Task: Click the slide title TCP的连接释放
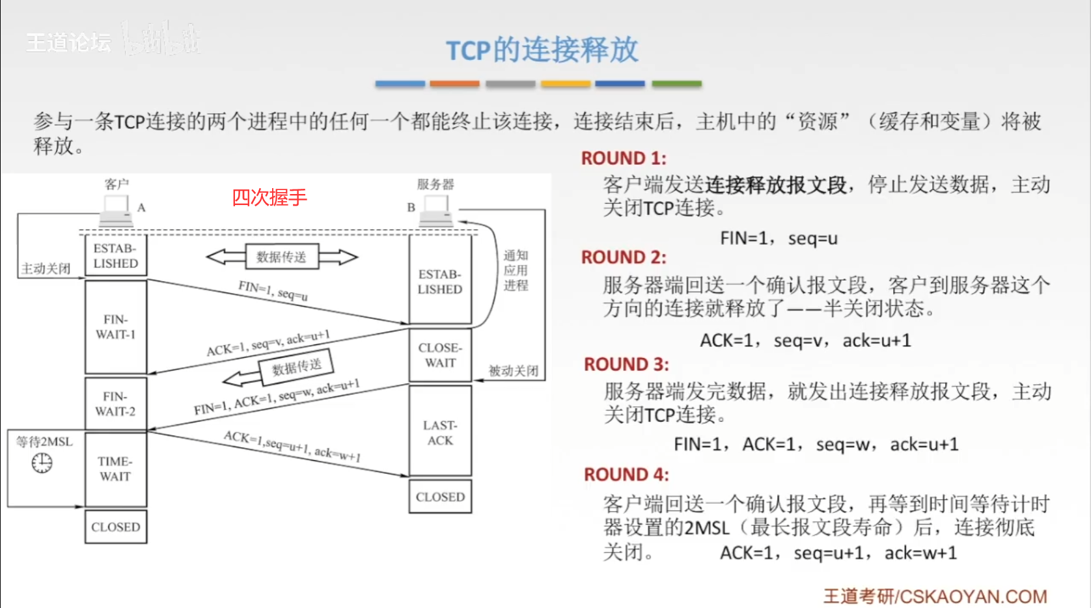point(542,50)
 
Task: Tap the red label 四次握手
point(269,197)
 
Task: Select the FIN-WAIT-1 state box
point(116,327)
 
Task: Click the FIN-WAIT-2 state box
point(116,404)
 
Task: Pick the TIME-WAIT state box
point(116,469)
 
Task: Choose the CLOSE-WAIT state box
point(440,355)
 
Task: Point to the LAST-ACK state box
point(440,432)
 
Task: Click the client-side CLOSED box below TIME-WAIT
point(116,527)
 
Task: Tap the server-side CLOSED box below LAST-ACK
point(440,497)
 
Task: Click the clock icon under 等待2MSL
point(42,463)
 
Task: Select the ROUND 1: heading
point(624,158)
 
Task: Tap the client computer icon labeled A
point(117,210)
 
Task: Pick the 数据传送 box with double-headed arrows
point(281,256)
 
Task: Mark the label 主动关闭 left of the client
point(46,268)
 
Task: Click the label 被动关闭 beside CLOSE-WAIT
point(514,370)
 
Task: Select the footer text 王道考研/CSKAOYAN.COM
point(935,596)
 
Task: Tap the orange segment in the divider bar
point(454,84)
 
